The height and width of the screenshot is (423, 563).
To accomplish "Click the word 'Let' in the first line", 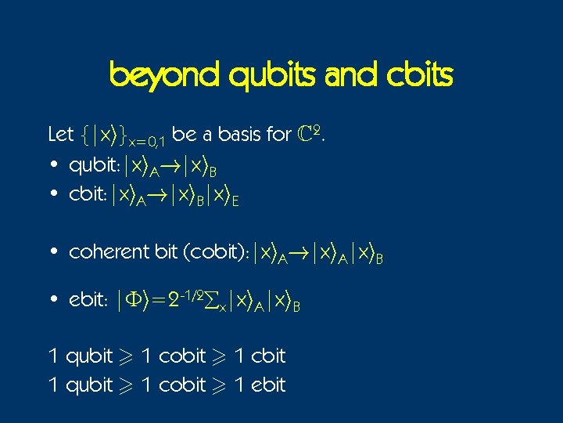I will (60, 135).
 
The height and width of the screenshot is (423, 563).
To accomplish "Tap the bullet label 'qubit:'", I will (93, 166).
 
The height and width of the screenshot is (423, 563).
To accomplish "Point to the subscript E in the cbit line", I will (235, 201).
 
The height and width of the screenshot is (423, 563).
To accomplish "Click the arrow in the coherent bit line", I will (301, 252).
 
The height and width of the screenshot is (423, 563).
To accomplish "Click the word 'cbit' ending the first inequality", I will (268, 356).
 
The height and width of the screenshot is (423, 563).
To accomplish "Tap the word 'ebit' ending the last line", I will (268, 385).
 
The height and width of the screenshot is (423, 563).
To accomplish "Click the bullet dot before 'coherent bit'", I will (52, 252).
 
